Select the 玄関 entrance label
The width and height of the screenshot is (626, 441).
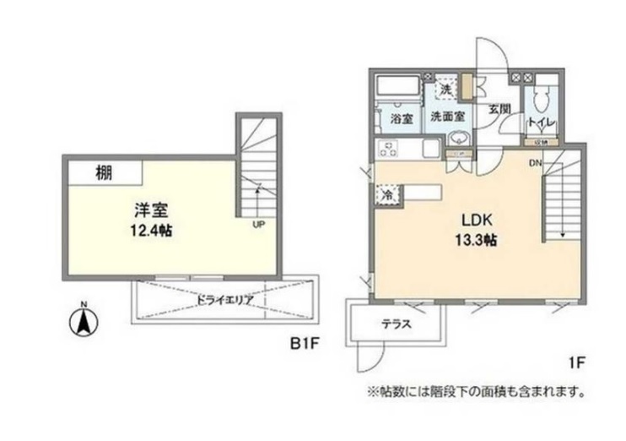[x=498, y=109]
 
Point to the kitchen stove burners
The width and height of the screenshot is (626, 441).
[x=390, y=150]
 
